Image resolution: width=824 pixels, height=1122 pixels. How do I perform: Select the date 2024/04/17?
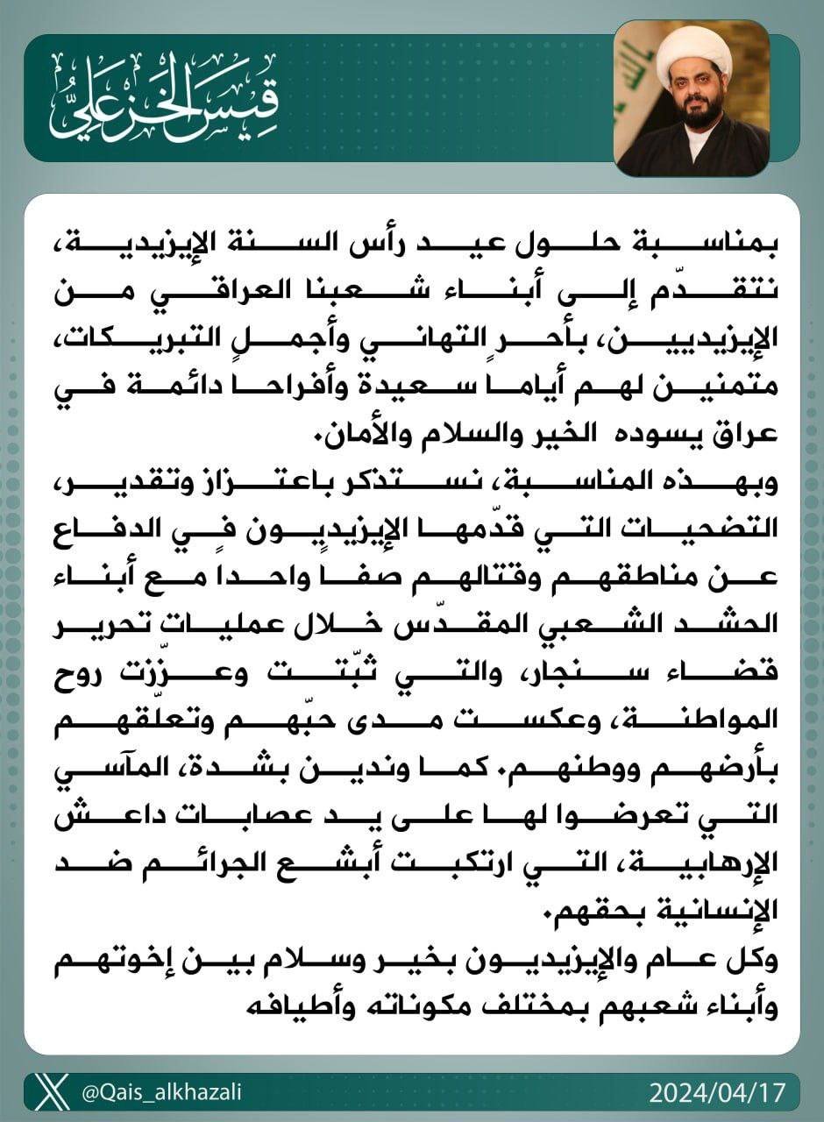coord(718,1093)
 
